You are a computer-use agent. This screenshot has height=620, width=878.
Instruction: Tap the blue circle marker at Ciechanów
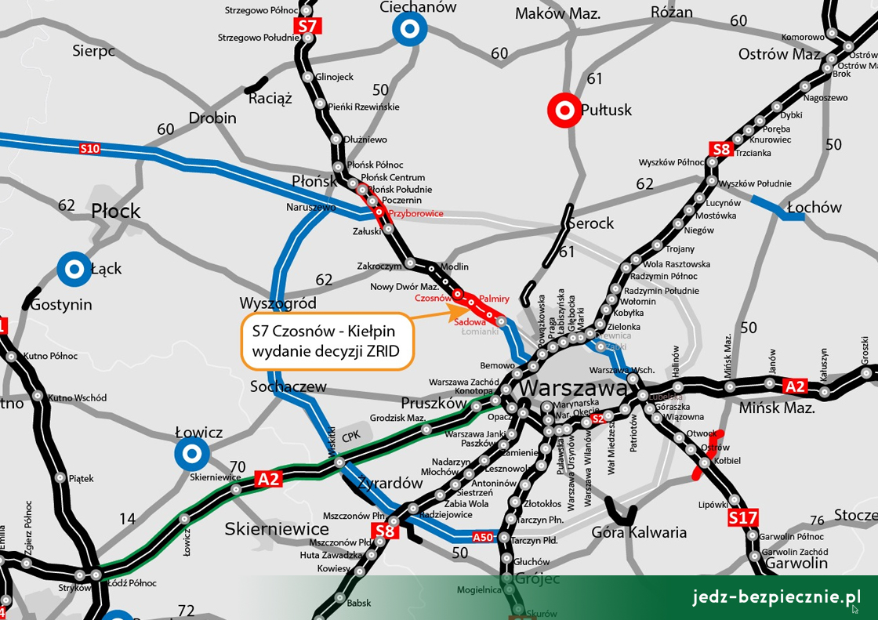(409, 31)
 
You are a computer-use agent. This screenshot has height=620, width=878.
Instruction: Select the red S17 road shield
(742, 517)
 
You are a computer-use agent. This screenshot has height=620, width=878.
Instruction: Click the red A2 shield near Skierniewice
(268, 479)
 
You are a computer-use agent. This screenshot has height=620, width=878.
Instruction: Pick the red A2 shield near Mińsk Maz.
(795, 385)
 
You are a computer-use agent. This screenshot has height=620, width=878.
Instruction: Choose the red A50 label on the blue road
(483, 537)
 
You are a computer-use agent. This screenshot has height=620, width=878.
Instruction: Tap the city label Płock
(116, 211)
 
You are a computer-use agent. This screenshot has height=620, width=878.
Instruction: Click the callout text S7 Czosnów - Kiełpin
(325, 331)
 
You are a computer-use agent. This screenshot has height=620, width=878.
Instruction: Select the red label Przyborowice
(416, 213)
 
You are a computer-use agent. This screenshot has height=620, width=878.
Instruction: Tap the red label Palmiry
(494, 299)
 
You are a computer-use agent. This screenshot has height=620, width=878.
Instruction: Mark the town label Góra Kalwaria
(638, 533)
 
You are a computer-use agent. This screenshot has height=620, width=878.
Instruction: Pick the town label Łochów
(814, 208)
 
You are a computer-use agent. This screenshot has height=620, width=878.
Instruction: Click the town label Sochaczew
(288, 386)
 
